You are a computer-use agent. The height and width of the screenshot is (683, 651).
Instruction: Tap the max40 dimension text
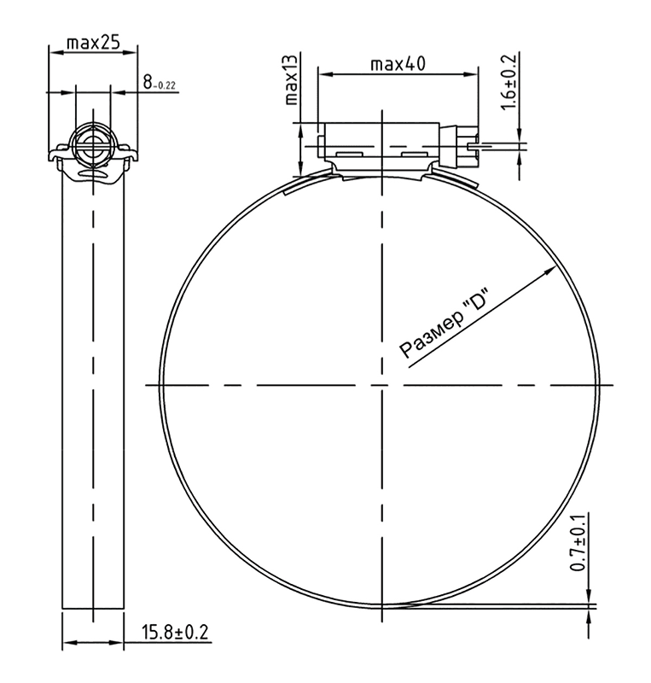tap(398, 65)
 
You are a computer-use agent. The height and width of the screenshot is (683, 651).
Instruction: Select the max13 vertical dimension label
tap(291, 79)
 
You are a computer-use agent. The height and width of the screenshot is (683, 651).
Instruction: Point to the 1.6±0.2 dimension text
tap(509, 82)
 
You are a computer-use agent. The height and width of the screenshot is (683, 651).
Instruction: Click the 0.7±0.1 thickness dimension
tap(578, 542)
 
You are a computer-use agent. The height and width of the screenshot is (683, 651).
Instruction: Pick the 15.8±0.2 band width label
tap(175, 632)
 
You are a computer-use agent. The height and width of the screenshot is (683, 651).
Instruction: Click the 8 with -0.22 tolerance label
tap(159, 82)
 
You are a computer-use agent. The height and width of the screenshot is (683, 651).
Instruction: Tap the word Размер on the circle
tap(431, 335)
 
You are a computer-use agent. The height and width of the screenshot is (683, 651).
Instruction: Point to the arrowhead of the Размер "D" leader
tap(551, 270)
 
